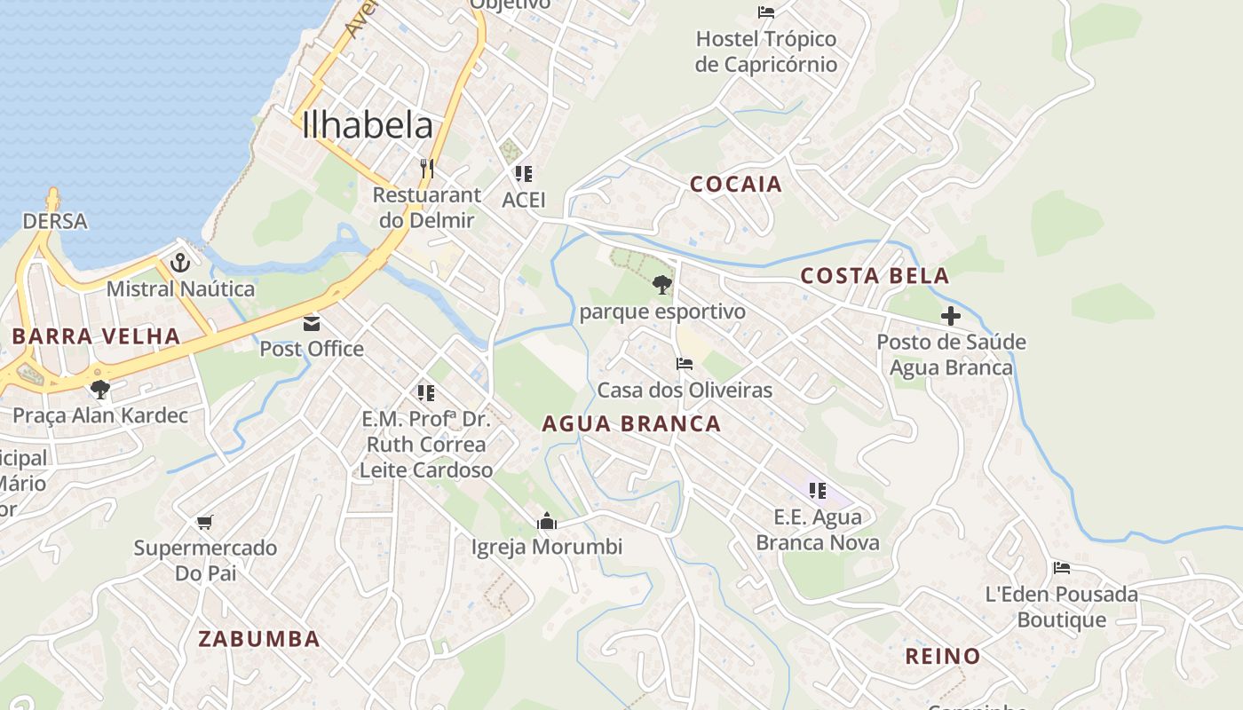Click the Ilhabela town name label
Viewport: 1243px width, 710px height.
pos(368,126)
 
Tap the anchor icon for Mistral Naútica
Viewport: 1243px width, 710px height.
pos(180,263)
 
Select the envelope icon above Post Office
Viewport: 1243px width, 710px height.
pos(312,323)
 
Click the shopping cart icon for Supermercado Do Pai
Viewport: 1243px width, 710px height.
pos(205,522)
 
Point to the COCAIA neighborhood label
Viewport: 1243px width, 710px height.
pos(736,185)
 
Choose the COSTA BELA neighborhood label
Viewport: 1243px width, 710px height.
pos(875,276)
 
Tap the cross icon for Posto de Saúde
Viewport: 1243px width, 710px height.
pos(951,316)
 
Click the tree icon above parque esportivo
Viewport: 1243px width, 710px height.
pos(661,285)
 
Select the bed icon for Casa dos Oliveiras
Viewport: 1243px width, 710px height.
pos(684,364)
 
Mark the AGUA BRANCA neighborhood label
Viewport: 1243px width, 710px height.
pos(631,424)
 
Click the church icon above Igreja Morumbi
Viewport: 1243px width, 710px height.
pos(546,521)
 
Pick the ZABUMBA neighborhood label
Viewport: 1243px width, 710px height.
pos(258,639)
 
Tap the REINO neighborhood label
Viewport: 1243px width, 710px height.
pos(942,657)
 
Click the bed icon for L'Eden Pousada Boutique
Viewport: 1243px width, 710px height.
pos(1061,568)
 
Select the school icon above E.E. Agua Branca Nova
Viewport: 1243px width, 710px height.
pos(818,490)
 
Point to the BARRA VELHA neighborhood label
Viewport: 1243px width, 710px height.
pos(96,336)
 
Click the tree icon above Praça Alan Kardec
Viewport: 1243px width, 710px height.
pos(99,389)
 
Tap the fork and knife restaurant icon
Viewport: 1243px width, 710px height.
pos(427,168)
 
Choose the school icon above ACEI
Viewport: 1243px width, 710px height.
pos(524,174)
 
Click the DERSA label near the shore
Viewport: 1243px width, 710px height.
pos(55,221)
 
